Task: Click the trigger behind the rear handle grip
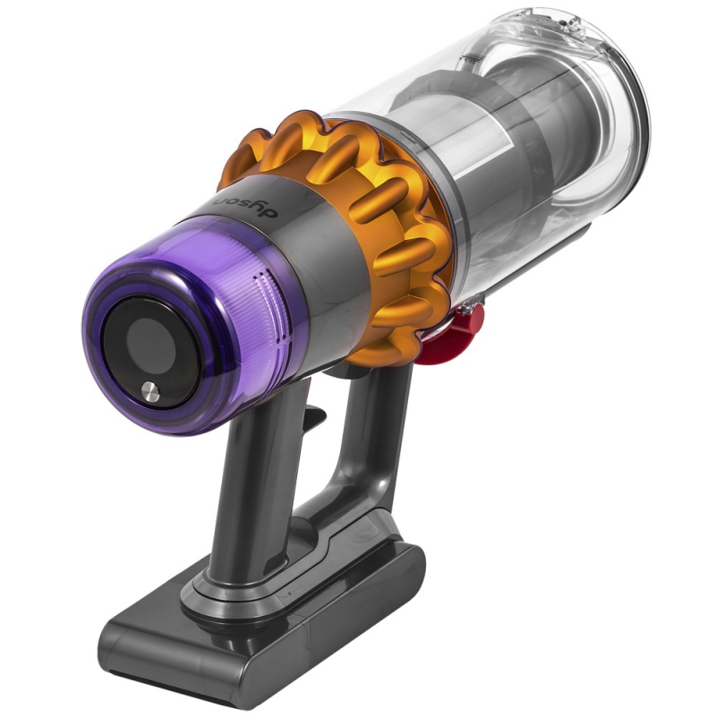[x=311, y=414]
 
